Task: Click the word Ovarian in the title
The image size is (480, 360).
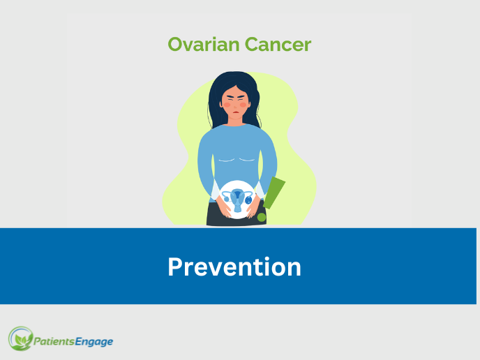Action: click(204, 45)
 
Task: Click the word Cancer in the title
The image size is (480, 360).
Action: click(278, 45)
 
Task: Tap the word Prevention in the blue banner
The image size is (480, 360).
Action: click(234, 267)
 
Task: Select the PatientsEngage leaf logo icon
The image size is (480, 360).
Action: click(20, 338)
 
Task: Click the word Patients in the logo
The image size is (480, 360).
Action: click(54, 341)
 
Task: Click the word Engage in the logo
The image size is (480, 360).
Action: click(94, 342)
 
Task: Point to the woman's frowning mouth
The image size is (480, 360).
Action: click(236, 112)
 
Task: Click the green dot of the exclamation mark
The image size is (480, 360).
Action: click(262, 218)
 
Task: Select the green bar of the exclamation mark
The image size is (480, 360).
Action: click(274, 193)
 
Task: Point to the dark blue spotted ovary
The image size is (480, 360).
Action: click(248, 200)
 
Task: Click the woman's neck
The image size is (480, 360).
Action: click(235, 120)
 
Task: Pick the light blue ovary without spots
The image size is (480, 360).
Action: click(227, 199)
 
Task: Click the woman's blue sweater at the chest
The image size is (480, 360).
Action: click(236, 147)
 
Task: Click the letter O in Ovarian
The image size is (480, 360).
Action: click(175, 45)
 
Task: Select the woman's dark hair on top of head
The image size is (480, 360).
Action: click(234, 79)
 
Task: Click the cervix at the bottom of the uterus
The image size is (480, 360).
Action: click(237, 208)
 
